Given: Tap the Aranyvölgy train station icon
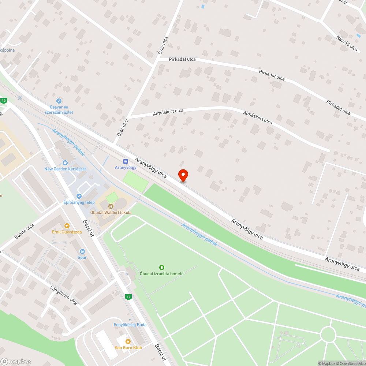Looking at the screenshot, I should click(126, 161).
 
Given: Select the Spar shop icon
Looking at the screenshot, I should click(82, 251).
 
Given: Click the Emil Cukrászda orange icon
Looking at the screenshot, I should click(66, 226).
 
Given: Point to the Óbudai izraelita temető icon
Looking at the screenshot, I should click(161, 268).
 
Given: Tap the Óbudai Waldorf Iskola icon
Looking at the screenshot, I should click(111, 206).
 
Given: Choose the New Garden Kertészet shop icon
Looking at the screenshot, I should click(65, 163).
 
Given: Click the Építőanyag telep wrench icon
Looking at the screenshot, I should click(79, 197).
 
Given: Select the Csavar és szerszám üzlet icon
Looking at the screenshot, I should click(59, 101).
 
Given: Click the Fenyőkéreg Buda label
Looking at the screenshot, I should click(130, 325).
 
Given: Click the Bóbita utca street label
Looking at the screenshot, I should click(24, 231).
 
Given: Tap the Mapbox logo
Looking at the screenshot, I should click(16, 361).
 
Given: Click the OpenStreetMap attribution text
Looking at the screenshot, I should click(350, 363).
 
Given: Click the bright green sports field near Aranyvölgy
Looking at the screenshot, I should click(135, 181).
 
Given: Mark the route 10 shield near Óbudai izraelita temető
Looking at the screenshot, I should click(127, 296).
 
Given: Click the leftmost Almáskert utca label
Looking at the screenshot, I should click(168, 112).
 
